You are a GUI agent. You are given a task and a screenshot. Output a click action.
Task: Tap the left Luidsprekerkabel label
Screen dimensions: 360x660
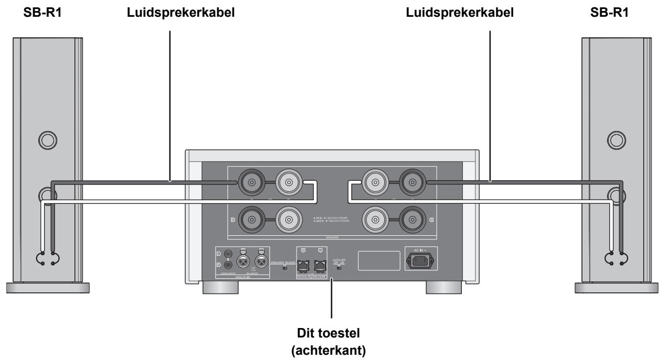[170, 11]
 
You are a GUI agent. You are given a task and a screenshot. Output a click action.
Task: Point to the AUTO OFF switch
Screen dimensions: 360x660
[339, 267]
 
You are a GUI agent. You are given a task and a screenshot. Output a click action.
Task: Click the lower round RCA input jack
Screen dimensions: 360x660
[228, 265]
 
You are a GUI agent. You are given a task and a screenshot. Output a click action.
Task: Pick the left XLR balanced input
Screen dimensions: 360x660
[243, 260]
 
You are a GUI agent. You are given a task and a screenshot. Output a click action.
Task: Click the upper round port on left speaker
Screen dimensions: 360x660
[45, 140]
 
